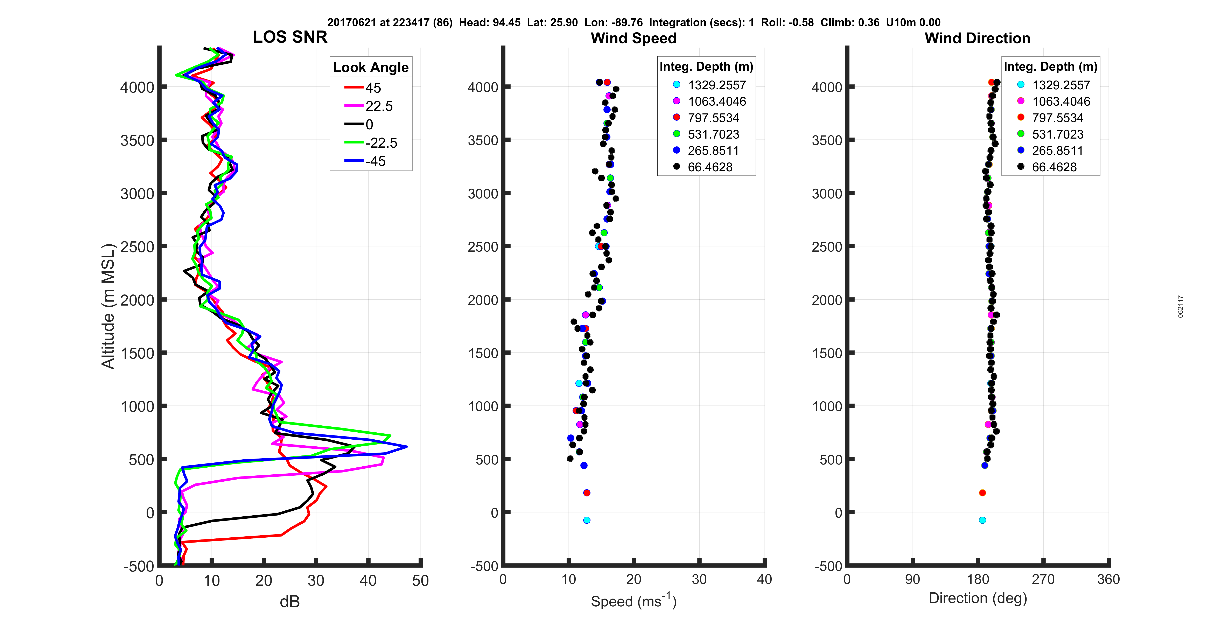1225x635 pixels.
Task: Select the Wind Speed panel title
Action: pyautogui.click(x=633, y=38)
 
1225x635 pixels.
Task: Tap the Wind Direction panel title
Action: pyautogui.click(x=977, y=38)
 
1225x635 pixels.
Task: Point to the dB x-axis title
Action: pyautogui.click(x=290, y=602)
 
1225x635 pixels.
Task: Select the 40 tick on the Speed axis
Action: pyautogui.click(x=764, y=579)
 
